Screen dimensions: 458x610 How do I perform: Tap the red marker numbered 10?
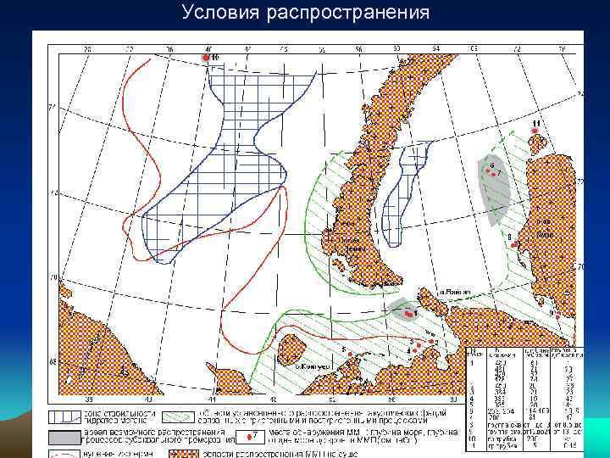pyautogui.click(x=203, y=57)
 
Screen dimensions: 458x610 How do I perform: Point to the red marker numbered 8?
pyautogui.click(x=515, y=244)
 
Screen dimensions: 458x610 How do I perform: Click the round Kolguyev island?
pyautogui.click(x=294, y=347)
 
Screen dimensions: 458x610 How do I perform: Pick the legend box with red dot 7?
pyautogui.click(x=251, y=437)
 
